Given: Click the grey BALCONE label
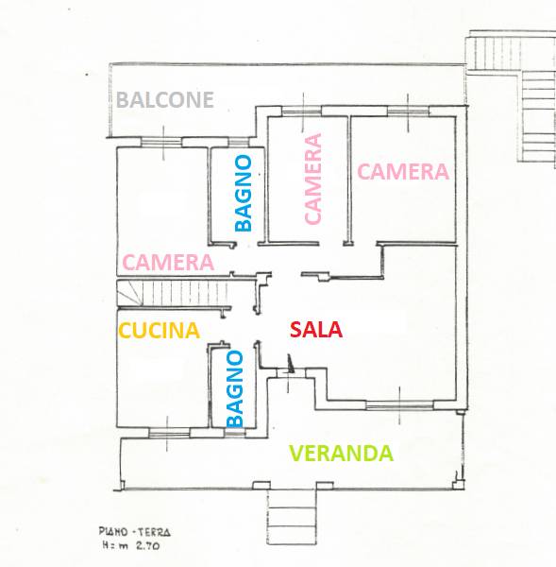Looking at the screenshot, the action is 165,100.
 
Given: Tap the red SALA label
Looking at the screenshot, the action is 316,330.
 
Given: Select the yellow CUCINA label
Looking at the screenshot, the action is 160,331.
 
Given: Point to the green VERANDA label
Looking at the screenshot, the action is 342,454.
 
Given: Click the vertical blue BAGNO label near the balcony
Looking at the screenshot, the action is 244,193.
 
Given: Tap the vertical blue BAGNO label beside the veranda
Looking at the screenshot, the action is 234,389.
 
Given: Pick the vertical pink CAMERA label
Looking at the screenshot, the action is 312,179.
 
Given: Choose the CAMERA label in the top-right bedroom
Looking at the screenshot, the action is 403,172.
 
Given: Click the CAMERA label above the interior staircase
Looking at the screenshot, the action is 168,262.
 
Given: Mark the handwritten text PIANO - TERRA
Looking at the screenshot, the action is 134,532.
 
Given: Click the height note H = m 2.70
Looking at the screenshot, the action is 131,545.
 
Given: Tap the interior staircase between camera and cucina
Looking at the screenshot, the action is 173,293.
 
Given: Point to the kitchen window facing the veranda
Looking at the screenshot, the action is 169,433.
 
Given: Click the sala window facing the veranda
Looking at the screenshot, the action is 399,405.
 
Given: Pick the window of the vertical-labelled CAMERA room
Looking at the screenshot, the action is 302,112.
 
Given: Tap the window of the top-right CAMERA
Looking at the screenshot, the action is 408,111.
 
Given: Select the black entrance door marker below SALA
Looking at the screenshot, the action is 290,364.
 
